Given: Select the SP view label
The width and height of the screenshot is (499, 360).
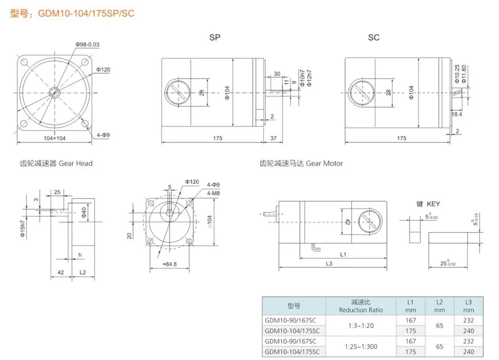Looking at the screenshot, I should click(215, 37).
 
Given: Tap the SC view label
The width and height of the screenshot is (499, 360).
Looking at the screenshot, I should click(374, 37).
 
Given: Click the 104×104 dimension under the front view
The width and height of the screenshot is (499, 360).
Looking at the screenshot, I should click(54, 138).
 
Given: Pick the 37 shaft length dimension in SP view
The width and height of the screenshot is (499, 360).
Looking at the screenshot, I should click(274, 138).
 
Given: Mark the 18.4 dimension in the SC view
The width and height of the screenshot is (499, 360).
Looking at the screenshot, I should click(457, 115).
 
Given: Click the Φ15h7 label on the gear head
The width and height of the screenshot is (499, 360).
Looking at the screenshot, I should click(22, 228).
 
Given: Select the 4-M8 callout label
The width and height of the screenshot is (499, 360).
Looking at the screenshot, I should click(213, 192).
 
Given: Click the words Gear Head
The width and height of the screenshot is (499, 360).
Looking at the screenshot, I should click(75, 164).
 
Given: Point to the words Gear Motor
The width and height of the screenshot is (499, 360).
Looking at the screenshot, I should click(324, 164).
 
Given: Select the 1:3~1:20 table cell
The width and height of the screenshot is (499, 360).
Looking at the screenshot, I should click(361, 326).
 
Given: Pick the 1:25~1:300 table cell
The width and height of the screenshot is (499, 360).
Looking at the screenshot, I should click(361, 346).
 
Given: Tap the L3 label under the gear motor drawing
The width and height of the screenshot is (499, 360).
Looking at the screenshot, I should click(329, 264).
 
